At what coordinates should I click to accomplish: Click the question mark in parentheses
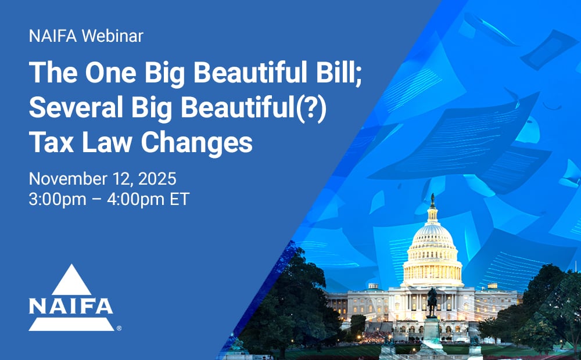coord(315,108)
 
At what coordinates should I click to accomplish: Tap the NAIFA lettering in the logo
coord(71,306)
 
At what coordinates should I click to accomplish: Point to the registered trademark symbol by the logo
coord(119,328)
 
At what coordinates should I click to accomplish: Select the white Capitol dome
coord(432,244)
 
